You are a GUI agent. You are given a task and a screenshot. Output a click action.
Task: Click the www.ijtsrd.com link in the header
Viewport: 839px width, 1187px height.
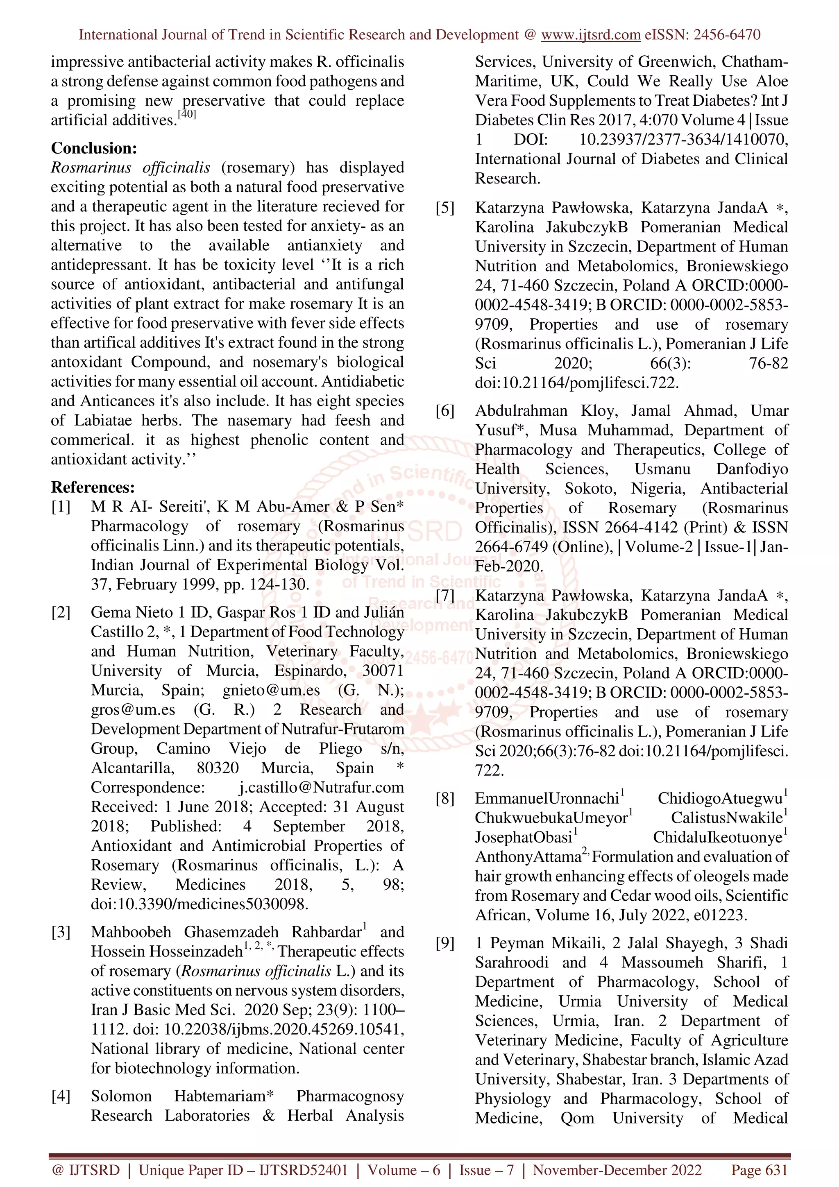coord(590,35)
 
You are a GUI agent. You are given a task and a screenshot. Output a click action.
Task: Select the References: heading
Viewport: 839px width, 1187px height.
coord(93,487)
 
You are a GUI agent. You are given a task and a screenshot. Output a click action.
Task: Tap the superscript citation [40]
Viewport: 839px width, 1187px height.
coord(187,114)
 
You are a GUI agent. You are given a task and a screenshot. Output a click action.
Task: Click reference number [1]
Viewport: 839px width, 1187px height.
coord(61,507)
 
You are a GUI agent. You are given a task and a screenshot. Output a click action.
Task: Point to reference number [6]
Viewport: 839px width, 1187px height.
coord(445,411)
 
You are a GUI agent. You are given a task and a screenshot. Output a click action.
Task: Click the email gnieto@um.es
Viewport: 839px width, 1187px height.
coord(271,691)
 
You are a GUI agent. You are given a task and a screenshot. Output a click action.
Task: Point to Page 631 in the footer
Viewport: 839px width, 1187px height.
coord(759,1170)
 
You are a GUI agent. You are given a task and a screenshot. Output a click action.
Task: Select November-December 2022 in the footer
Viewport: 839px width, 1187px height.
coord(617,1170)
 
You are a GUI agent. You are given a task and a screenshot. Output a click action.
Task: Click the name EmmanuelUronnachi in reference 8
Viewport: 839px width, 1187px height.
coord(546,799)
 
